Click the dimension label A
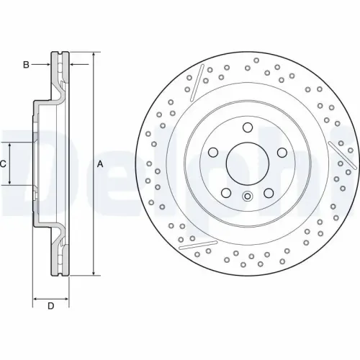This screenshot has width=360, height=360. tap(101, 164)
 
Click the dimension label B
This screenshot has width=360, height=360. tap(26, 66)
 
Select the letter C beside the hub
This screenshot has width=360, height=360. tap(4, 164)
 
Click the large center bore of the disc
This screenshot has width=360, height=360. tap(246, 163)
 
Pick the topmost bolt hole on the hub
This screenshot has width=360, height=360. tap(246, 129)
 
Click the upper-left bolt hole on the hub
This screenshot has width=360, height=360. tap(213, 153)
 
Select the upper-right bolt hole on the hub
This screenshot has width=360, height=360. tap(278, 153)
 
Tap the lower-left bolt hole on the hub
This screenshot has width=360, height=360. tap(225, 192)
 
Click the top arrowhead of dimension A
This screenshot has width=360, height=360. tap(93, 56)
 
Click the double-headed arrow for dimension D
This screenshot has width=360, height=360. tap(50, 297)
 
